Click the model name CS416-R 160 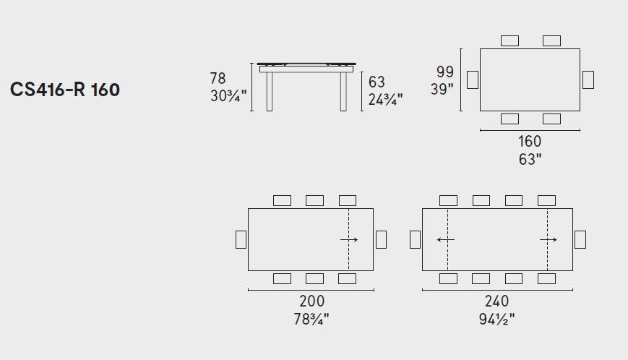point(65,90)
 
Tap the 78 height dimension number point(218,78)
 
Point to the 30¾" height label point(228,95)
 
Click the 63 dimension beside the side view point(377,82)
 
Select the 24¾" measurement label point(385,99)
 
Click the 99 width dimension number point(445,72)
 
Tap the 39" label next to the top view point(442,89)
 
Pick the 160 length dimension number point(530,142)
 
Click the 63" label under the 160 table point(530,159)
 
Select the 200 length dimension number point(311,301)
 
